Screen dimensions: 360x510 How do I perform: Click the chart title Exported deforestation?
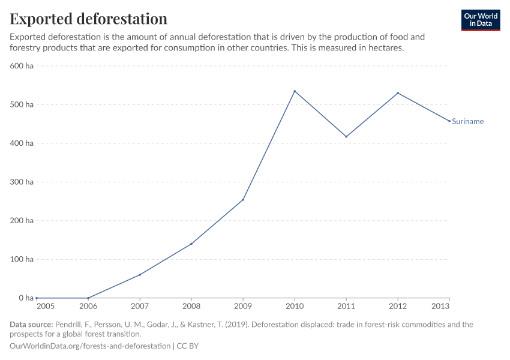coord(89,19)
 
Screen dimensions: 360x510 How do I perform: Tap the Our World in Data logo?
coord(480,20)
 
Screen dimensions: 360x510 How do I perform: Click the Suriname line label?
coord(467,122)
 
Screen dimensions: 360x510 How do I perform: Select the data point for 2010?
coord(295,91)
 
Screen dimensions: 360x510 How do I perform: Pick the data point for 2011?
coord(346,137)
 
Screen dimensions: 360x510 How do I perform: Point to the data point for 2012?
coord(398,93)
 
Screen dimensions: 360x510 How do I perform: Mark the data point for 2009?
coord(243,200)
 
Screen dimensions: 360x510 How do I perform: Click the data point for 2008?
coord(191,244)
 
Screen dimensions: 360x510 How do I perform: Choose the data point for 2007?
coord(140,275)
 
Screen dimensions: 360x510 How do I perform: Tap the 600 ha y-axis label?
coord(22,66)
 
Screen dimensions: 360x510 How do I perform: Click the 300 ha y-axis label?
coord(22,182)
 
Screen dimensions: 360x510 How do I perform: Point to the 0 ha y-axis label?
coord(26,298)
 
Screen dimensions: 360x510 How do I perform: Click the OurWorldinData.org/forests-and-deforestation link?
coord(90,346)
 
